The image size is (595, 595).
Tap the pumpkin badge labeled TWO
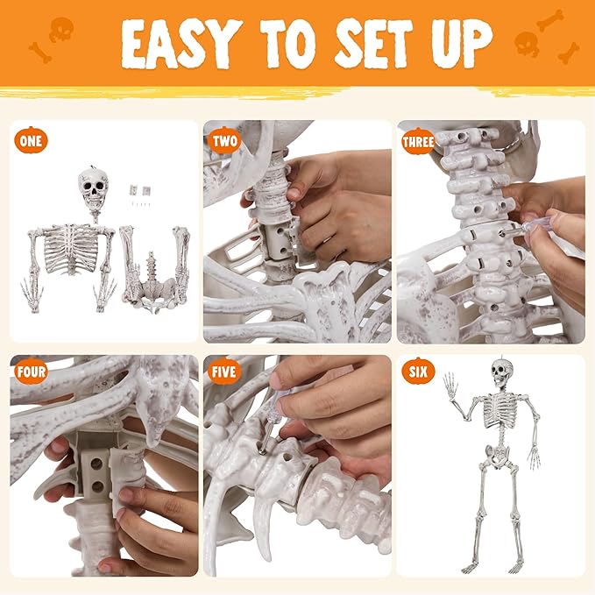tap(225, 139)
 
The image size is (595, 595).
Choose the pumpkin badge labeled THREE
tap(417, 140)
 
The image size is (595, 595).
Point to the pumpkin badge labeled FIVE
tap(224, 371)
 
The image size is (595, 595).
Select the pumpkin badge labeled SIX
tap(417, 371)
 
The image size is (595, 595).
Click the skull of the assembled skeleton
tap(499, 374)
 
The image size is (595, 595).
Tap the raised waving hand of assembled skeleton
tap(451, 385)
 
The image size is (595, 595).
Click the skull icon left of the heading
tap(60, 30)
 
